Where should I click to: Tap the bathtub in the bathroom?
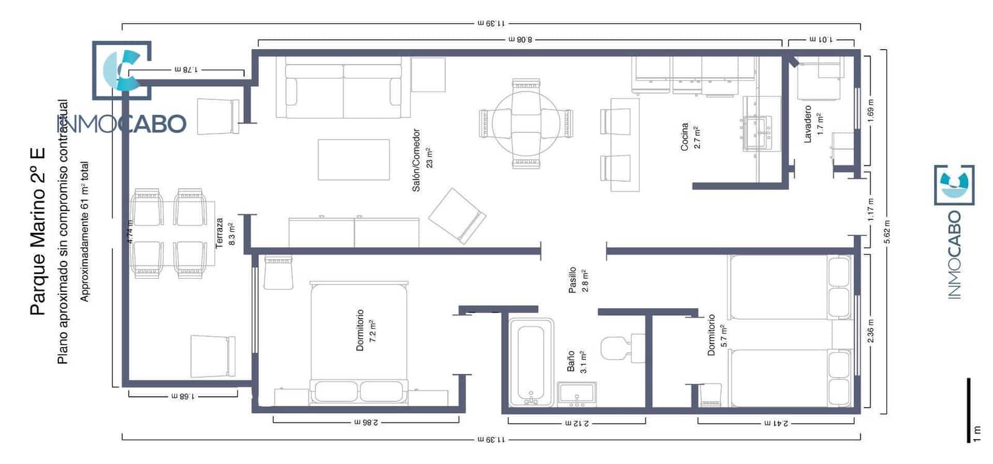pyautogui.click(x=531, y=363)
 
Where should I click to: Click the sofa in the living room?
pyautogui.click(x=343, y=91)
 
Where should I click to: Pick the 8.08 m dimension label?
pyautogui.click(x=520, y=39)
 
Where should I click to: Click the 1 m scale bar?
pyautogui.click(x=968, y=410)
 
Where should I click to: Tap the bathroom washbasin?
pyautogui.click(x=577, y=394)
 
